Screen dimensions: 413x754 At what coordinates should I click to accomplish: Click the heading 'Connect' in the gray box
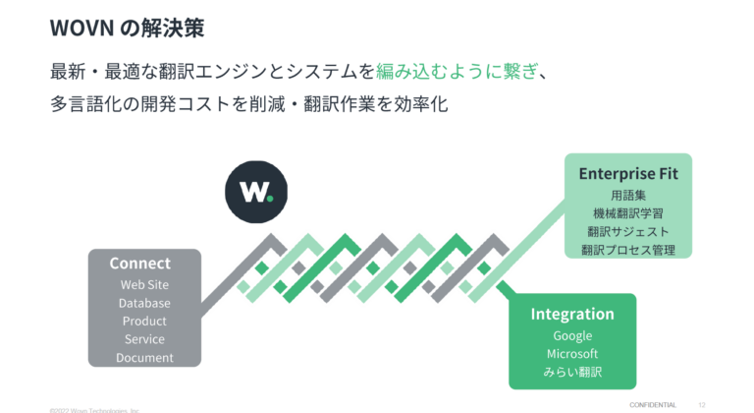(139, 263)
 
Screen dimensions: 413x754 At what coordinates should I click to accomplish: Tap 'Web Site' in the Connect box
(144, 284)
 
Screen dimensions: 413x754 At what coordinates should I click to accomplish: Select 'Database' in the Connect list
(144, 303)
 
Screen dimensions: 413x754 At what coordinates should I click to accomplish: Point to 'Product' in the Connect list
(144, 321)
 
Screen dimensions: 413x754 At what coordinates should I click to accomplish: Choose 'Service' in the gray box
(144, 339)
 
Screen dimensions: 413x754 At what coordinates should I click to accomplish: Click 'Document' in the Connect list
(144, 358)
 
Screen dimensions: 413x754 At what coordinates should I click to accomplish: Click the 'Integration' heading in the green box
(572, 314)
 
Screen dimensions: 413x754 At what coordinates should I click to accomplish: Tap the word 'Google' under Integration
(572, 335)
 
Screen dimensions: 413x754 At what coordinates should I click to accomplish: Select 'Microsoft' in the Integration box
(572, 354)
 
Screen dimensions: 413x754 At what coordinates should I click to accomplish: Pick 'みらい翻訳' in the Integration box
(572, 373)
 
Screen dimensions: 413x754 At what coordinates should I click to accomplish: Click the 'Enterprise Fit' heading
(628, 173)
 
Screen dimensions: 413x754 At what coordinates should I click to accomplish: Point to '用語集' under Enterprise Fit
(628, 195)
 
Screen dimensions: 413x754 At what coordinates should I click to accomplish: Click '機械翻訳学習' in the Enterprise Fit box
(628, 213)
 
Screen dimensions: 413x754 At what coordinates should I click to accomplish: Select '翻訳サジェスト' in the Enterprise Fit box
(628, 232)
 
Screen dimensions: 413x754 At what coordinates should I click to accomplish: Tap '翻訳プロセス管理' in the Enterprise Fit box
(628, 251)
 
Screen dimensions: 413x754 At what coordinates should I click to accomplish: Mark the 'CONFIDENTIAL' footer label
(653, 404)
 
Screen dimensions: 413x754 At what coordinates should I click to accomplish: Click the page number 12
(702, 404)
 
